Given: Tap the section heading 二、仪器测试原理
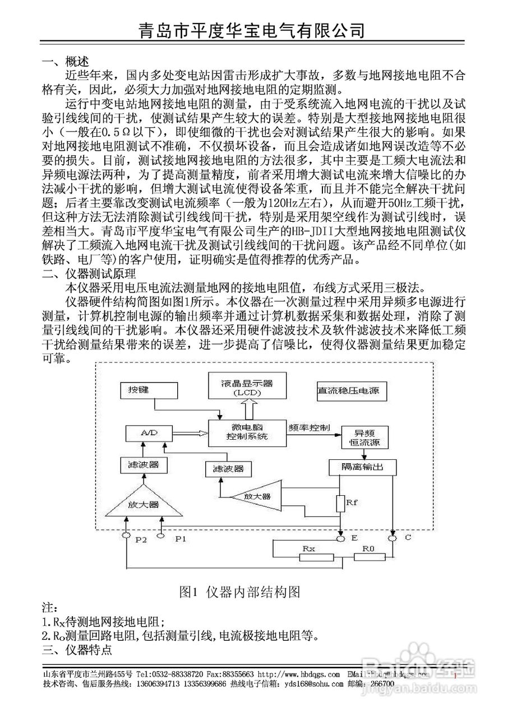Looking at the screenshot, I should tap(89, 274).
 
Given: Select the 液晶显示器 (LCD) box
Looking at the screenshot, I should tap(247, 388).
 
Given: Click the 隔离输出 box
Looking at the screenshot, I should tap(363, 467).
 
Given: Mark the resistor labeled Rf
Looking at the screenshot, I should tap(340, 503).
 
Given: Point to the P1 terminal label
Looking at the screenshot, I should tap(180, 538).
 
